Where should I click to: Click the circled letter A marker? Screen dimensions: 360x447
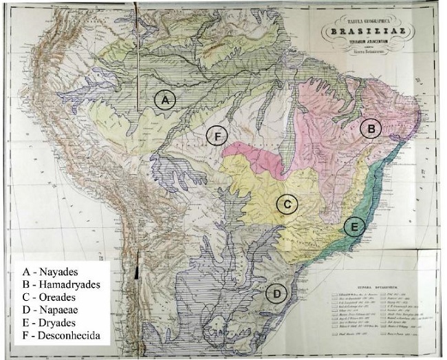tap(164, 100)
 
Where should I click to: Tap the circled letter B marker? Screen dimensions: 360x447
tap(371, 128)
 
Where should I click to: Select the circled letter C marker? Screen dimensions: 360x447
tap(287, 204)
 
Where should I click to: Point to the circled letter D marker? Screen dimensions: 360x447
tap(276, 294)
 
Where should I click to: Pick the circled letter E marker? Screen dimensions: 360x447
tap(354, 226)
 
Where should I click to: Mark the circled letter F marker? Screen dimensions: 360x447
tap(217, 137)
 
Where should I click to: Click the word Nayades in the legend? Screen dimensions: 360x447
tap(57, 271)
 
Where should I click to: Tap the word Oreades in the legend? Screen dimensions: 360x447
tap(57, 297)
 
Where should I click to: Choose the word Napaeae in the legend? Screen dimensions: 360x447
tap(58, 310)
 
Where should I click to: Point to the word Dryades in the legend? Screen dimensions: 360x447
tap(56, 323)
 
